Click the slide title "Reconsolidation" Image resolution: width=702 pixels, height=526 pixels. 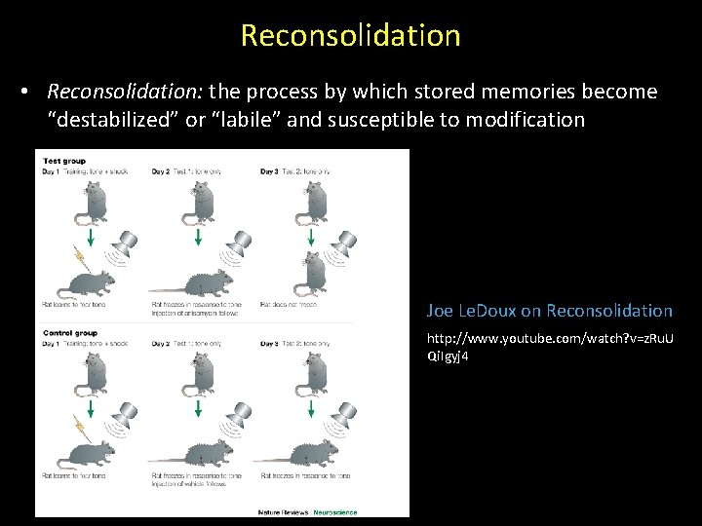point(350,35)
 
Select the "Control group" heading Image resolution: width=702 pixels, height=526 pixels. point(68,333)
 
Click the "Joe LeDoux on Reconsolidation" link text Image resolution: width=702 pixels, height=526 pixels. point(549,311)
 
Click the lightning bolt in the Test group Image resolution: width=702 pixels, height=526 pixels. point(76,257)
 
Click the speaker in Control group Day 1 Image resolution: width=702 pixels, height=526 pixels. point(126,415)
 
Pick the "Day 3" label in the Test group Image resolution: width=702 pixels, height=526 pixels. point(270,172)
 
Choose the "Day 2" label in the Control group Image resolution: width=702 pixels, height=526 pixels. point(162,344)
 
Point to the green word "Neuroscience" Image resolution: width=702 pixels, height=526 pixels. point(334,511)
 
